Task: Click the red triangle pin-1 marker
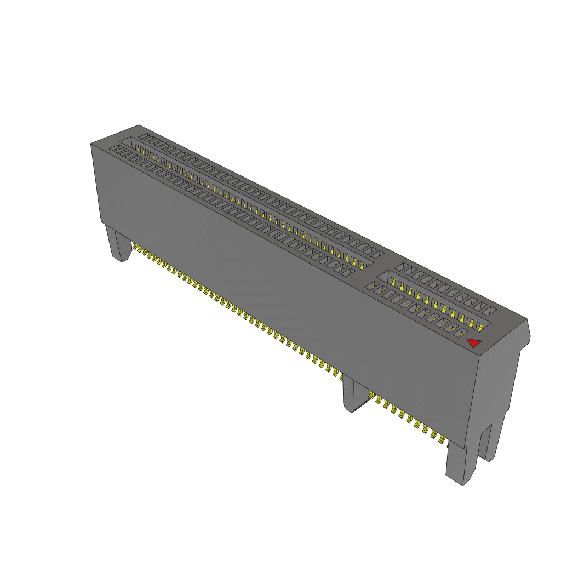click(x=474, y=343)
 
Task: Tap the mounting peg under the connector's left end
click(x=119, y=245)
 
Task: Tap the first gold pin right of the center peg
click(x=373, y=395)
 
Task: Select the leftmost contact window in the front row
click(x=115, y=148)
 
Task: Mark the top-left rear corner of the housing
click(x=139, y=125)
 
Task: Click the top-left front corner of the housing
click(x=91, y=144)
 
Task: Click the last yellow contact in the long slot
click(x=362, y=266)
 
